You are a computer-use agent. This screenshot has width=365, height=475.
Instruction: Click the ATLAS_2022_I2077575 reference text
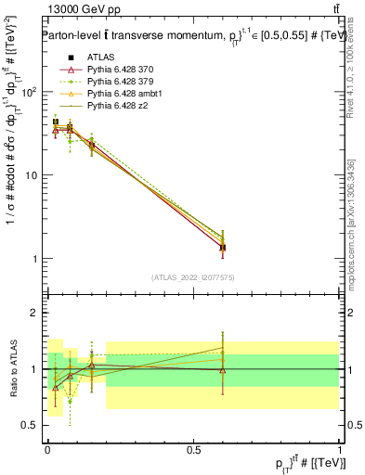pos(191,277)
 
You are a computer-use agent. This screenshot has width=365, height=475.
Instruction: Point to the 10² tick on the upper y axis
pos(30,92)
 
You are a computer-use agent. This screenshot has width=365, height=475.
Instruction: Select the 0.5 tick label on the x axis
pos(193,449)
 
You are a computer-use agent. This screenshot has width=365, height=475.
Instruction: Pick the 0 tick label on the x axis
pos(47,449)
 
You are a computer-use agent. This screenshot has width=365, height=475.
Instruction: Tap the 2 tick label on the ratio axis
pos(35,313)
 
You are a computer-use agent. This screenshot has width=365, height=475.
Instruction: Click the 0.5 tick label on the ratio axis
pos(31,425)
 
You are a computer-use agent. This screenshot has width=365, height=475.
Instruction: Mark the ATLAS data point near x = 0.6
pos(222,248)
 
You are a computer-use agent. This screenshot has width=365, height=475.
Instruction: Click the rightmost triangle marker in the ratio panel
pos(222,370)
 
